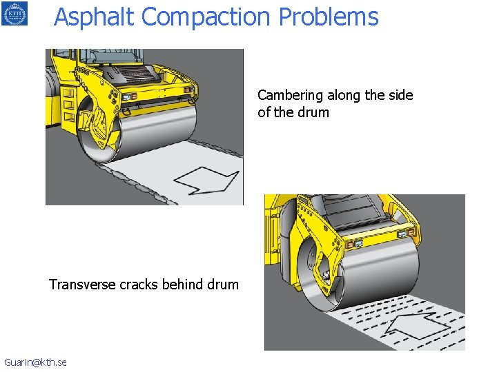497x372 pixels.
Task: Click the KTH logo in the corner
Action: (x=14, y=13)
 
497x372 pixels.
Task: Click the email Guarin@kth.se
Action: (x=35, y=362)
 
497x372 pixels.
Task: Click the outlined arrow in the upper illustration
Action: (x=205, y=179)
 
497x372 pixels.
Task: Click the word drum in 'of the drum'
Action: (x=312, y=112)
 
